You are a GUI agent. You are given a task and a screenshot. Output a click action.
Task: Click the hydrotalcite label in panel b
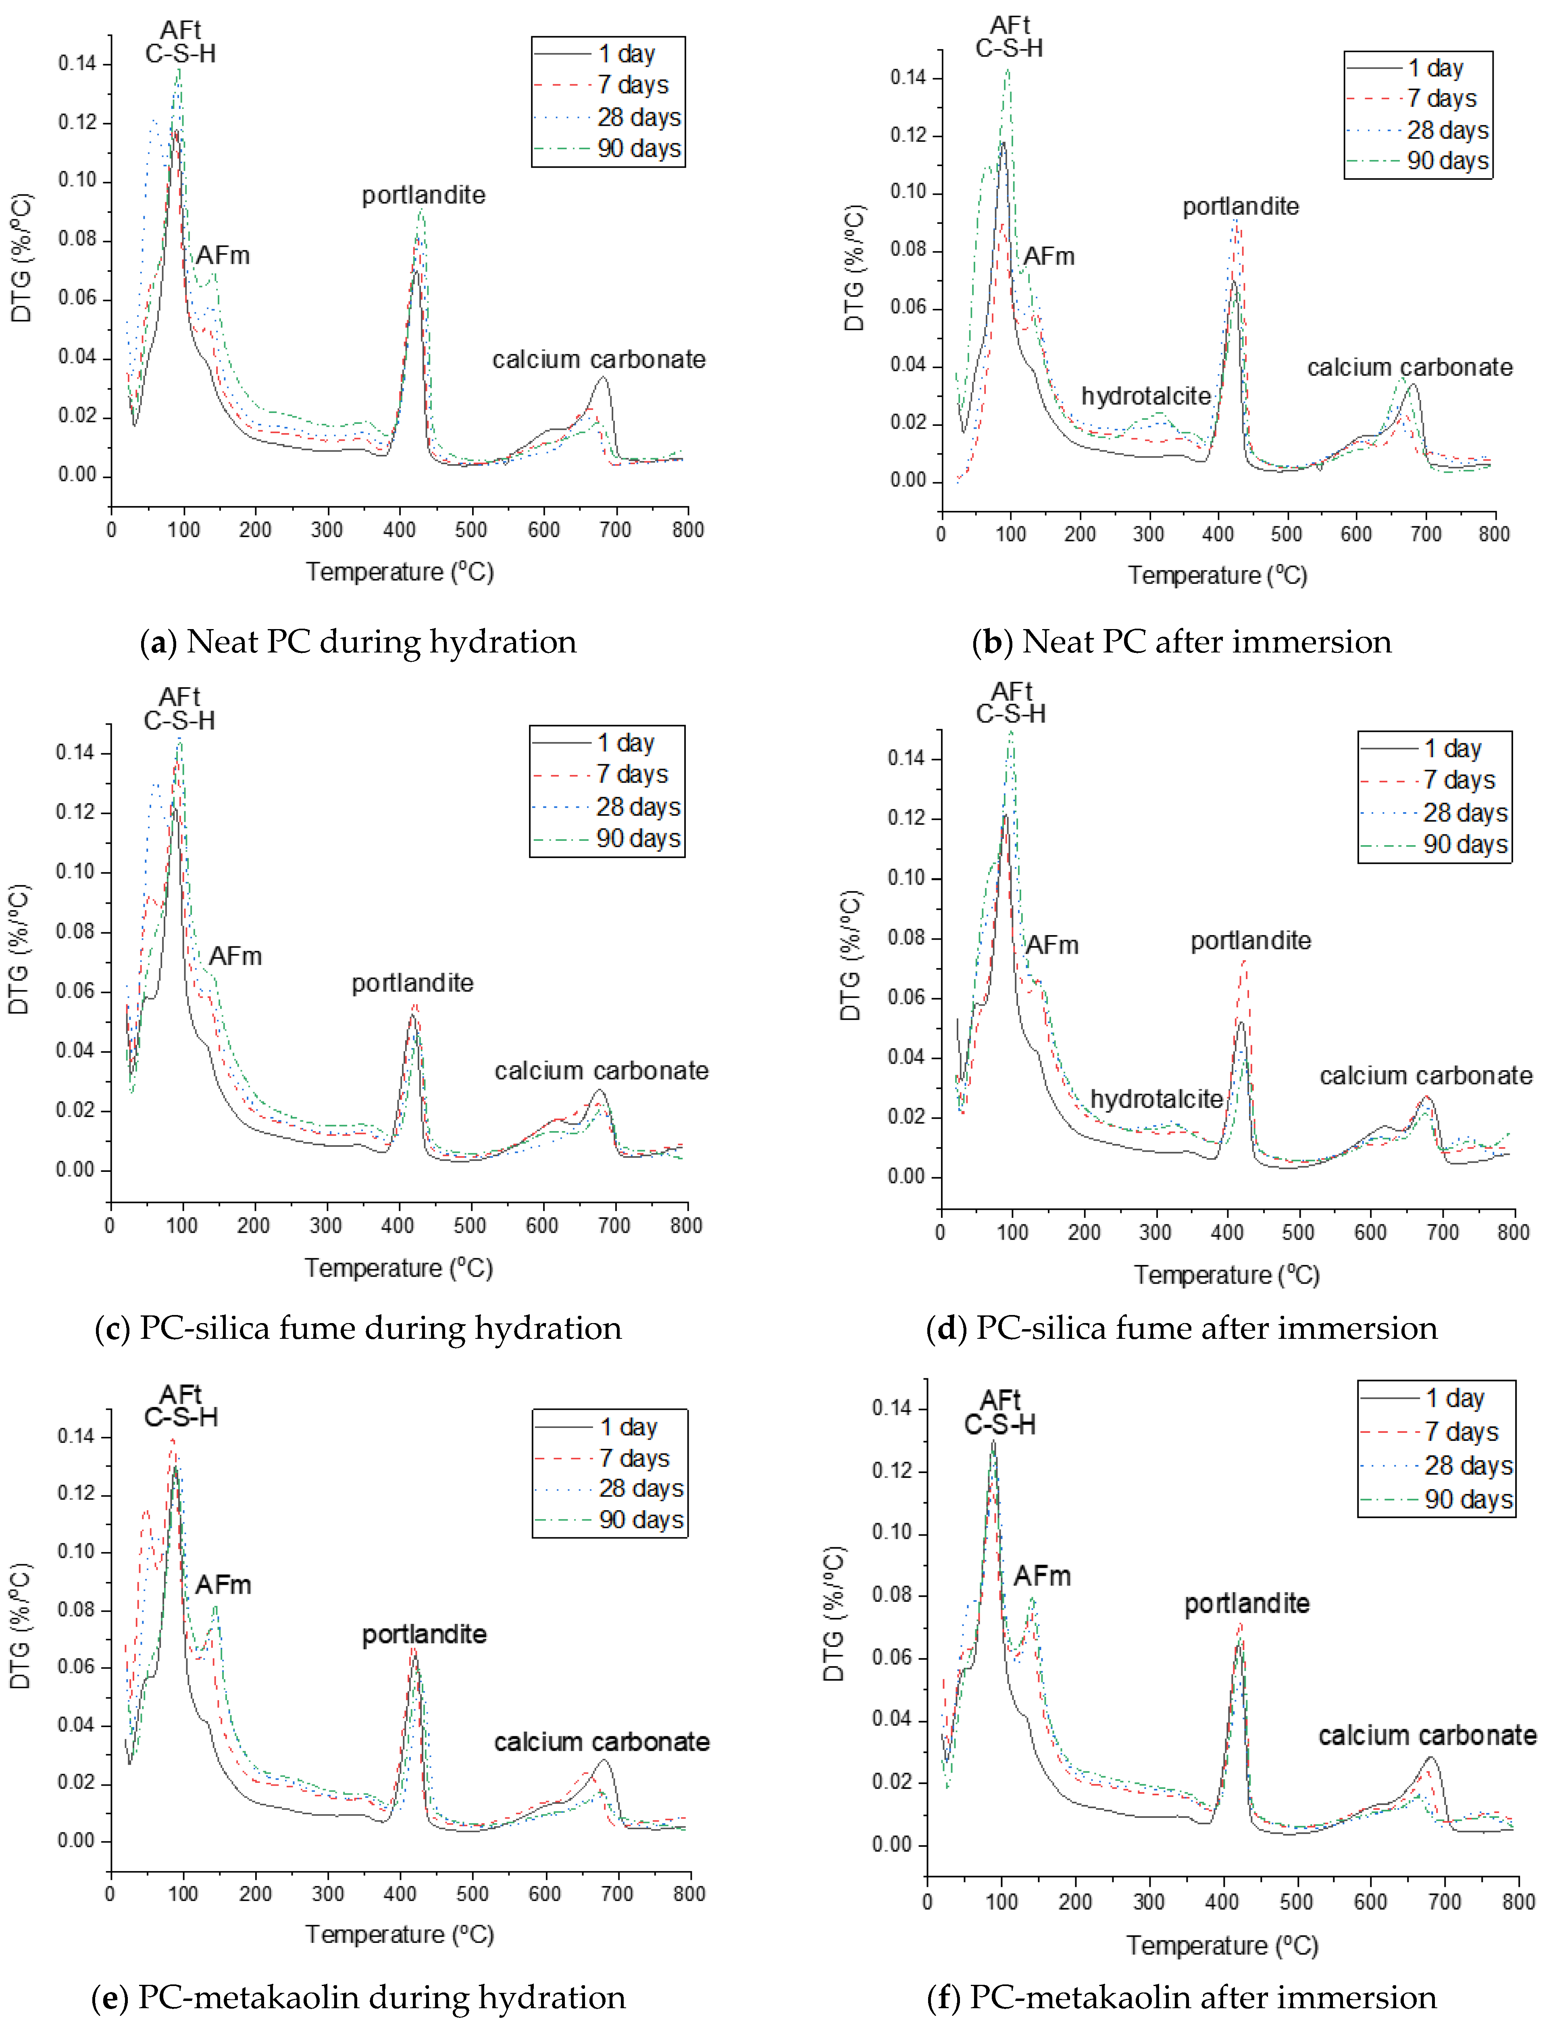[x=1146, y=396]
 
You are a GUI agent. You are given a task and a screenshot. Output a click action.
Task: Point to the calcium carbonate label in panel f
[x=1426, y=1736]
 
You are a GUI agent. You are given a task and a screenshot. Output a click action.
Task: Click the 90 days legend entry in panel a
[x=639, y=149]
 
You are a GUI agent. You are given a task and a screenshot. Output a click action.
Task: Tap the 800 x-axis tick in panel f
[x=1518, y=1902]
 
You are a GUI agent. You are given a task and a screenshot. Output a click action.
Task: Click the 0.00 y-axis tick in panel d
[x=906, y=1176]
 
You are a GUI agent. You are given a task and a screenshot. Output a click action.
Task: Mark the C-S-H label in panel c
[x=179, y=721]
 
